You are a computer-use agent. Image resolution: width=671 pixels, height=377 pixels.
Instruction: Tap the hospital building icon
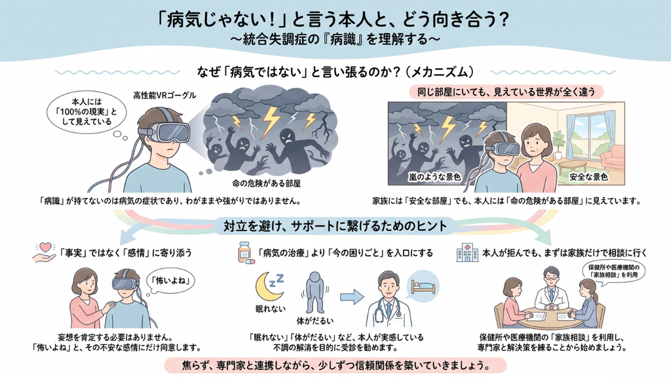click(467, 253)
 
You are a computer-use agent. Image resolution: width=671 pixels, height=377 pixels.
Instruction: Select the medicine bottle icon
click(244, 252)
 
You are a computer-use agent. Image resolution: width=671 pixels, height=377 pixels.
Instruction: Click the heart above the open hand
click(45, 247)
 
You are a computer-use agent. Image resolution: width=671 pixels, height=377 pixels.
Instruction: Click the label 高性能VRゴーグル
click(164, 96)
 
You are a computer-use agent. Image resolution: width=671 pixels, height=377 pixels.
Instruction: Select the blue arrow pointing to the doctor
click(352, 297)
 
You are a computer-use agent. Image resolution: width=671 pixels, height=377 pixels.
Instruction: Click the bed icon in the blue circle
click(423, 287)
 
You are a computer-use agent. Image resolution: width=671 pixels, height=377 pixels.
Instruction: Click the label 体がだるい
click(315, 320)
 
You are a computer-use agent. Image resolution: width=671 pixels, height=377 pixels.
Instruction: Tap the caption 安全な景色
click(589, 177)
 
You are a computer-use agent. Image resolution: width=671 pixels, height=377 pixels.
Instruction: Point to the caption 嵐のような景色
click(434, 177)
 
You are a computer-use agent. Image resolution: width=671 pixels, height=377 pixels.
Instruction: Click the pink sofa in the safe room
click(613, 157)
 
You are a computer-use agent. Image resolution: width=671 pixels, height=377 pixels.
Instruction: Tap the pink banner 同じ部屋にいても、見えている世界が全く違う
click(507, 92)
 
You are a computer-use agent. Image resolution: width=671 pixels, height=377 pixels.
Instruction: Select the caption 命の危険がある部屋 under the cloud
click(266, 184)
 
